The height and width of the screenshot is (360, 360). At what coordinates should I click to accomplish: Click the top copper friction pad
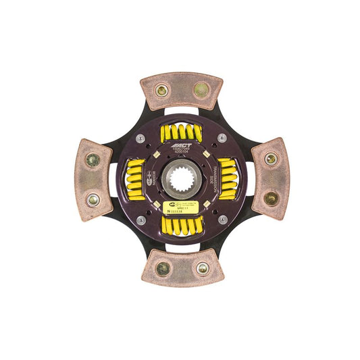(x=181, y=92)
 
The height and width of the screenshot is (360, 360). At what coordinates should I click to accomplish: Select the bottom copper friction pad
(x=182, y=267)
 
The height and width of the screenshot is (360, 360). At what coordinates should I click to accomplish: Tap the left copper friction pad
(x=94, y=180)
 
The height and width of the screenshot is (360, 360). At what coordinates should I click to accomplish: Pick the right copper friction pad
(x=269, y=178)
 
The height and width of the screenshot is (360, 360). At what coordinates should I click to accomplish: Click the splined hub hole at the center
(x=182, y=179)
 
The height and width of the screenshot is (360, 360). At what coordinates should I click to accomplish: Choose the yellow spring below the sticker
(x=182, y=225)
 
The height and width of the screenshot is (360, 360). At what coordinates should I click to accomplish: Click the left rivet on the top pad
(x=162, y=90)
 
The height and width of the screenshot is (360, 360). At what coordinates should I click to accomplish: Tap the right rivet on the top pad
(x=201, y=89)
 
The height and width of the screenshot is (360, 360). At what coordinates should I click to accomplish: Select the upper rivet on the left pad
(x=93, y=160)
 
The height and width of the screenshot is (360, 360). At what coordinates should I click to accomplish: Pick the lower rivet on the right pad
(x=270, y=198)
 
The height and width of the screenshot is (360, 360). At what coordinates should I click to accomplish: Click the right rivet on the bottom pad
(x=201, y=268)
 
